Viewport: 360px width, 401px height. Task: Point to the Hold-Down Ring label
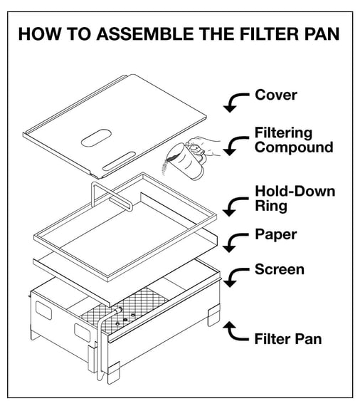pyautogui.click(x=294, y=199)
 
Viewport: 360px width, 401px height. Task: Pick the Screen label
pyautogui.click(x=279, y=269)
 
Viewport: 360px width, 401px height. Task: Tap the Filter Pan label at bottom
pyautogui.click(x=287, y=338)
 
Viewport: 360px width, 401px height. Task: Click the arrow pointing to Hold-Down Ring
pyautogui.click(x=233, y=207)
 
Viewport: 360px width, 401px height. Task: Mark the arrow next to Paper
pyautogui.click(x=233, y=242)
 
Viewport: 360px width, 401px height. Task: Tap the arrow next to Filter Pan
pyautogui.click(x=233, y=330)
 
